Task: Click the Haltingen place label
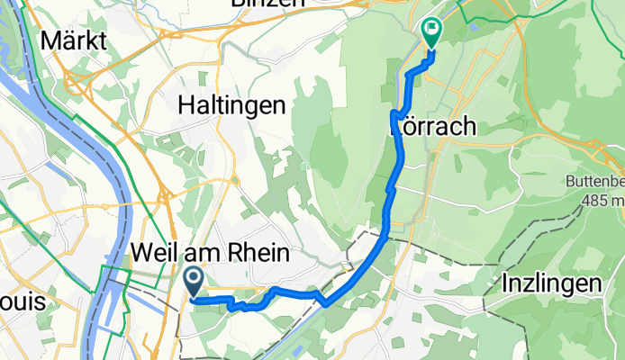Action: pos(232,105)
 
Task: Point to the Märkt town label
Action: pos(74,40)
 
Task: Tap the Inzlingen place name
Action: pos(552,283)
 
